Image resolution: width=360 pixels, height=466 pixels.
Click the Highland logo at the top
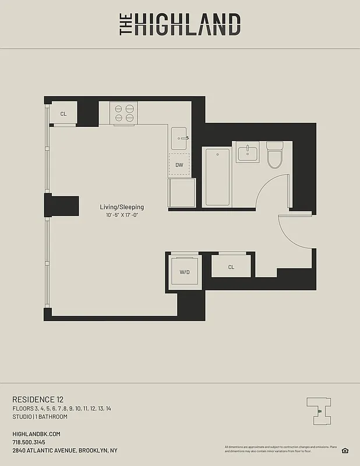(x=180, y=24)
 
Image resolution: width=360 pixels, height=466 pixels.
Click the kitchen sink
(x=179, y=138)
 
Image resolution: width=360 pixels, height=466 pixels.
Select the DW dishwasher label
(x=179, y=165)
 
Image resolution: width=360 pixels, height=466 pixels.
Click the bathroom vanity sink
(x=248, y=153)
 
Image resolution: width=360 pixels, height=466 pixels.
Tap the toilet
(x=274, y=154)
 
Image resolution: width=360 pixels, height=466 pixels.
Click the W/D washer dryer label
(x=184, y=272)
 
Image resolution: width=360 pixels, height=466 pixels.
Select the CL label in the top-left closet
(x=63, y=114)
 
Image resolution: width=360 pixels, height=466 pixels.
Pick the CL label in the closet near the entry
(x=231, y=267)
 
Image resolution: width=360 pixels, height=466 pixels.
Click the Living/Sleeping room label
(x=122, y=207)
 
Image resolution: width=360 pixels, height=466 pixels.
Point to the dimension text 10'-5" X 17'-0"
(x=122, y=216)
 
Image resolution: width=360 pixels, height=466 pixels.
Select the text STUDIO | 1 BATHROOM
(x=40, y=416)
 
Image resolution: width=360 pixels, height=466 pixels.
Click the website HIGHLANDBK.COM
(x=36, y=434)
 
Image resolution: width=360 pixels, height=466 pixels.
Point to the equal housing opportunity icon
(x=345, y=450)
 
